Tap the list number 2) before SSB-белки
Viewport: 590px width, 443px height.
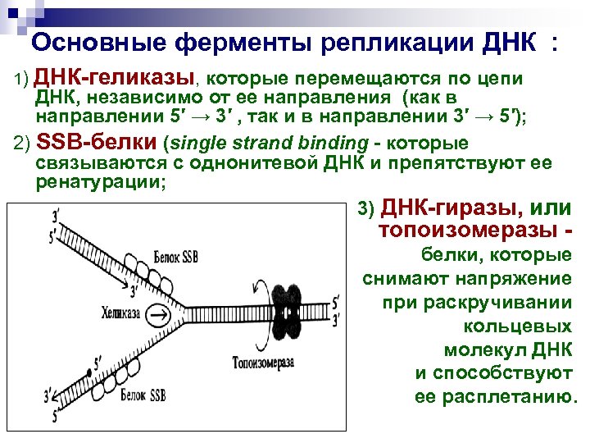23,143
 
